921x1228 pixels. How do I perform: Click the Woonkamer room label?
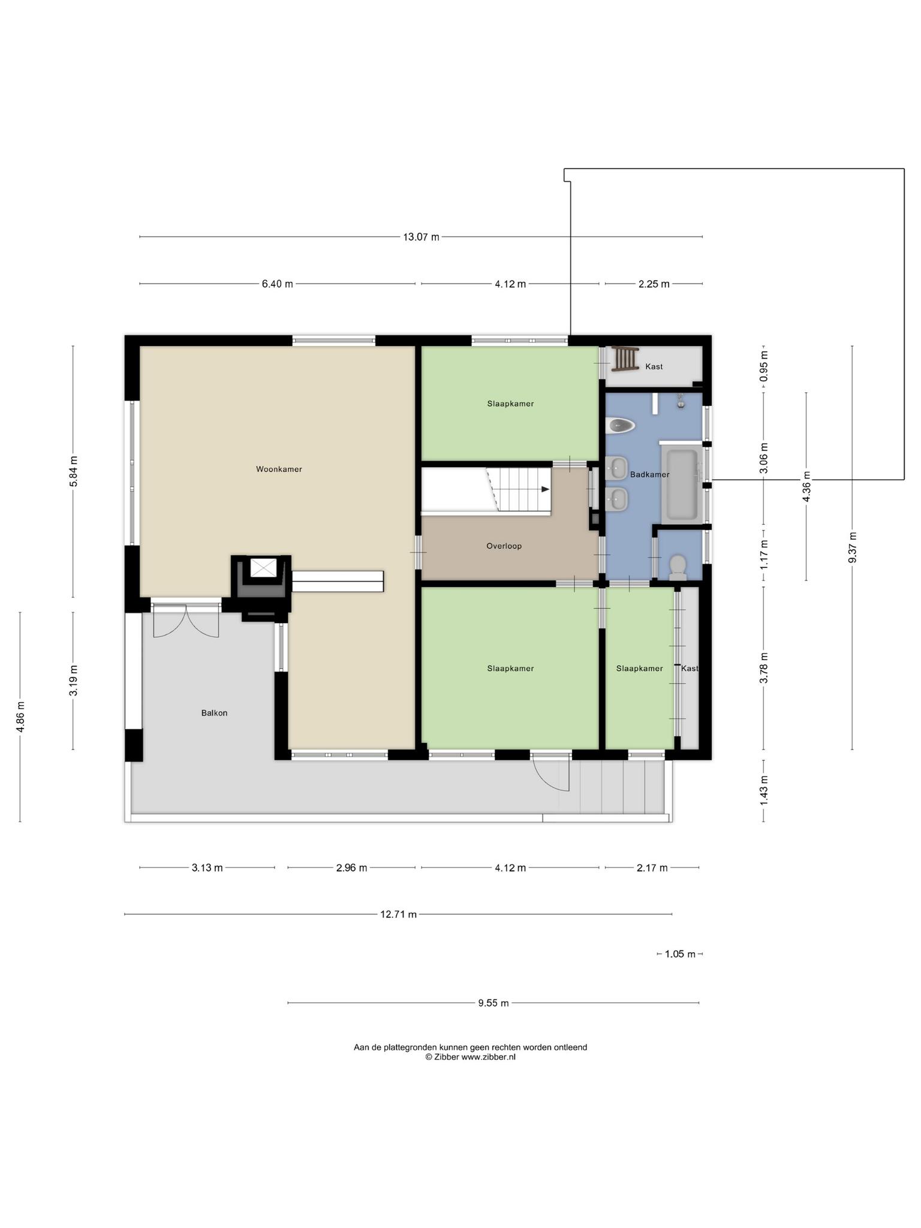click(279, 469)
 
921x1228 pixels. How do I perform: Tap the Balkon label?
click(214, 713)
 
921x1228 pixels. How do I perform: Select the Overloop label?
click(504, 546)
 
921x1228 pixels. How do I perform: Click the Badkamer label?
click(649, 474)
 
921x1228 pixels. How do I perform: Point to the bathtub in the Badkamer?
click(682, 484)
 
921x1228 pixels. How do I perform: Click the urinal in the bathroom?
click(622, 426)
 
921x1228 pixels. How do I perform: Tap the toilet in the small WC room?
click(678, 567)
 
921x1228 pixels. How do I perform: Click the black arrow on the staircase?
click(545, 489)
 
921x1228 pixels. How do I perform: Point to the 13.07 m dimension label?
click(421, 237)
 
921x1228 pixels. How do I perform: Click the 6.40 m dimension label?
click(277, 284)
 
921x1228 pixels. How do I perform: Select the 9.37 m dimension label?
click(853, 547)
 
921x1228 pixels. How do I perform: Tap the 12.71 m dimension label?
click(398, 914)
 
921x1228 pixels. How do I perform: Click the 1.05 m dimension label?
click(680, 954)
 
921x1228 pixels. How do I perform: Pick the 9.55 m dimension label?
click(493, 1003)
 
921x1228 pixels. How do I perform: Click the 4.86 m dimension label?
click(20, 717)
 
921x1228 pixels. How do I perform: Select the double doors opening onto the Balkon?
click(186, 621)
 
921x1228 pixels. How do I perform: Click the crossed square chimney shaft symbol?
click(263, 567)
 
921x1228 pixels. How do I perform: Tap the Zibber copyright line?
click(470, 1057)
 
